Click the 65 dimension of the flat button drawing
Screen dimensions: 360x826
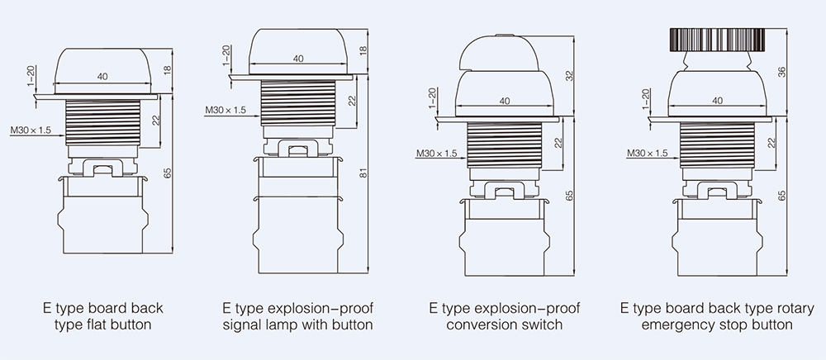(168, 173)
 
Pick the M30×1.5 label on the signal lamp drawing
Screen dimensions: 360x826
(226, 110)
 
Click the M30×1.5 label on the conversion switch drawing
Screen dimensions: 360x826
(436, 153)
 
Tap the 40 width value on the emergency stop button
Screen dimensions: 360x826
(717, 100)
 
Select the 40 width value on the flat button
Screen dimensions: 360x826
(103, 77)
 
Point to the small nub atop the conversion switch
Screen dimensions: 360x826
(504, 35)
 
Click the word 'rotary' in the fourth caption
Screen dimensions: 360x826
(770, 308)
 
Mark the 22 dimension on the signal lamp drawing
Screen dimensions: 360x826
(350, 100)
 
